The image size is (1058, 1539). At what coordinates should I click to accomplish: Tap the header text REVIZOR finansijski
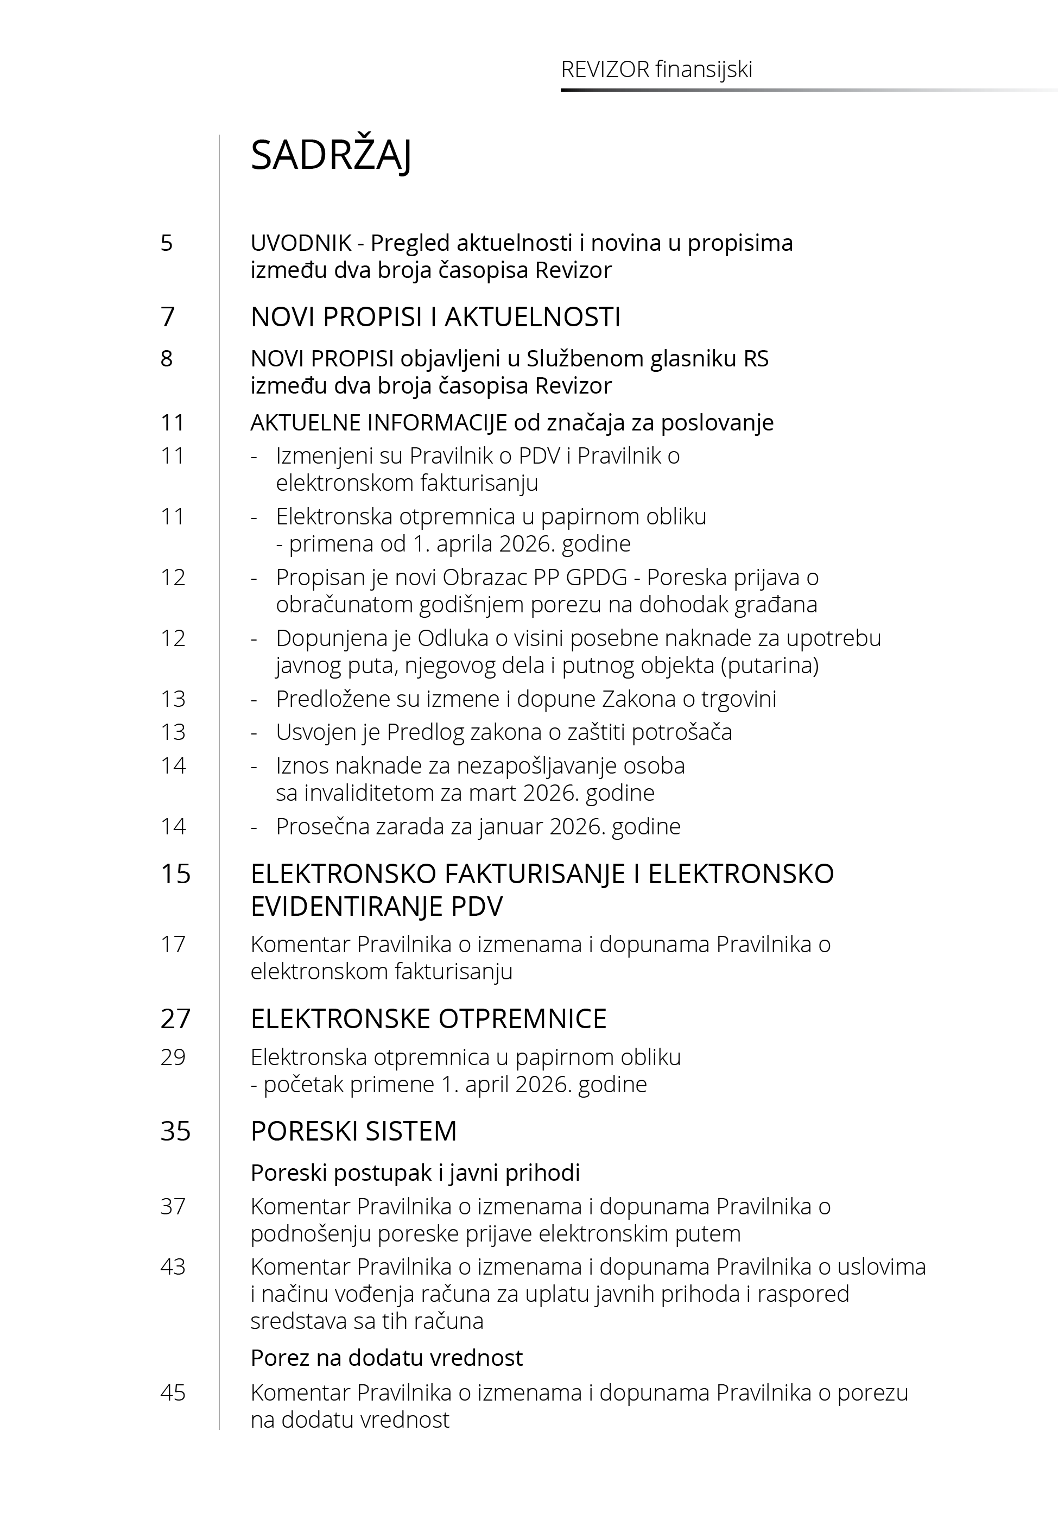tap(656, 69)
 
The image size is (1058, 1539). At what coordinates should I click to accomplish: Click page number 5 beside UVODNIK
tap(167, 243)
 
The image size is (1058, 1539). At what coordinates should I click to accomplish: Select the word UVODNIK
tap(300, 243)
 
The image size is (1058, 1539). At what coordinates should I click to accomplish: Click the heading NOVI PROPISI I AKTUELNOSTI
tap(435, 317)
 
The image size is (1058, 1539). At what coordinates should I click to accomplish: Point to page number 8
tap(167, 359)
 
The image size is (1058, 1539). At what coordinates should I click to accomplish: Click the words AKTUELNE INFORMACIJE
tap(378, 422)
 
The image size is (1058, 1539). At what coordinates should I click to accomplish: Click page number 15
tap(175, 873)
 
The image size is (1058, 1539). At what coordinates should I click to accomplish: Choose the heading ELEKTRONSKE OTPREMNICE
tap(428, 1019)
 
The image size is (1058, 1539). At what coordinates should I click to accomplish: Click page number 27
tap(175, 1019)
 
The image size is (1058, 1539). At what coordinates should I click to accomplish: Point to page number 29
tap(173, 1057)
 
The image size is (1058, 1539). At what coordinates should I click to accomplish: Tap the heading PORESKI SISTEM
tap(353, 1131)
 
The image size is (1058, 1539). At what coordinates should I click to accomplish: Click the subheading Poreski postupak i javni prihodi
tap(415, 1173)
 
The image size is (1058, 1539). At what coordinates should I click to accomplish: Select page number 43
tap(173, 1266)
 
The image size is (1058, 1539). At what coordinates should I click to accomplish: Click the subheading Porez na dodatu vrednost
tap(387, 1358)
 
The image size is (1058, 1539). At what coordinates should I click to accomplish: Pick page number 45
tap(173, 1392)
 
